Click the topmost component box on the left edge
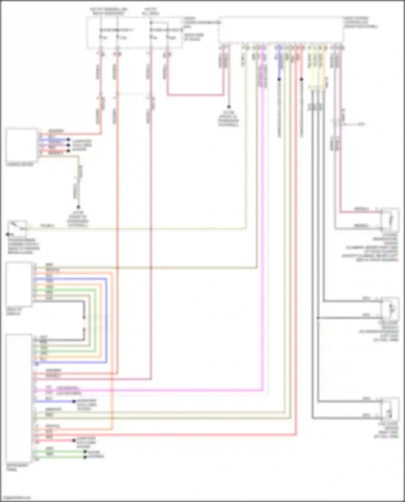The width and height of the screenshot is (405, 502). coord(22,145)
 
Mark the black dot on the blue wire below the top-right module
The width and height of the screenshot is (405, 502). coord(279,79)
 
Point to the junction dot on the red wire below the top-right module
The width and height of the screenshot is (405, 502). coord(302,79)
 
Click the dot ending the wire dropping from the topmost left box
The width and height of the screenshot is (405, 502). coord(78,207)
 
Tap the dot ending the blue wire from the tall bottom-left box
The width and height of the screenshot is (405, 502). coord(74,401)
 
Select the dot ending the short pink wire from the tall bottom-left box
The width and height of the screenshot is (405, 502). coord(74,440)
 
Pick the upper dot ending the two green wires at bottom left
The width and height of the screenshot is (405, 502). coord(85,452)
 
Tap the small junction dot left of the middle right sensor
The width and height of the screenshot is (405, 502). coord(318,318)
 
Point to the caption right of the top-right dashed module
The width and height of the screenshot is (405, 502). coord(360,22)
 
